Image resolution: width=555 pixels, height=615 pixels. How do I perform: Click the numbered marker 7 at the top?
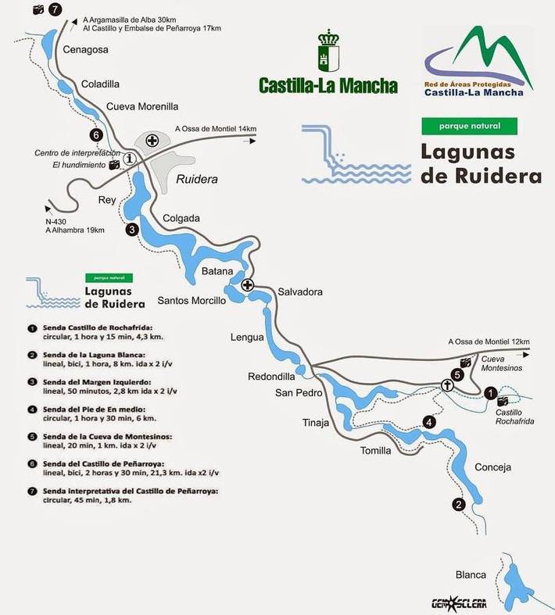tap(54, 9)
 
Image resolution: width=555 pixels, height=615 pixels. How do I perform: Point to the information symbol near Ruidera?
tap(130, 158)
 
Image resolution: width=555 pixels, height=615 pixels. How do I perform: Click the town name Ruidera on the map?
tap(196, 179)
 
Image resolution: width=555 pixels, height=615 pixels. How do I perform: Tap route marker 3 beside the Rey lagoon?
tap(132, 229)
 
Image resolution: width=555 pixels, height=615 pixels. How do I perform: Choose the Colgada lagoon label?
tap(181, 218)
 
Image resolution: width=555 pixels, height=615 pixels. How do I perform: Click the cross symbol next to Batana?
tap(248, 284)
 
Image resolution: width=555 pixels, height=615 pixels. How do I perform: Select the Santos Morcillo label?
tap(192, 300)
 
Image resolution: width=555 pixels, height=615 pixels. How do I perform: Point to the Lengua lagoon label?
tap(247, 338)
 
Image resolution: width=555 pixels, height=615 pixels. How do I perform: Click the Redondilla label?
tap(271, 376)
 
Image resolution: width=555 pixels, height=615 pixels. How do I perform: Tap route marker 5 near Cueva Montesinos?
tap(458, 374)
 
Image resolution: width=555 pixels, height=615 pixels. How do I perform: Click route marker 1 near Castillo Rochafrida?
tap(490, 393)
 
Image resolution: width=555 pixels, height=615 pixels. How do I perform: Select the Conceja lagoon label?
tap(492, 467)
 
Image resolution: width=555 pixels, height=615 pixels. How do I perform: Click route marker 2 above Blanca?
tap(458, 504)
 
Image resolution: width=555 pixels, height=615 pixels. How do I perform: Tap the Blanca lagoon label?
tap(471, 574)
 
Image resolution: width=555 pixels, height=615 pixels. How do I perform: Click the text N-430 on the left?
tap(57, 220)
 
